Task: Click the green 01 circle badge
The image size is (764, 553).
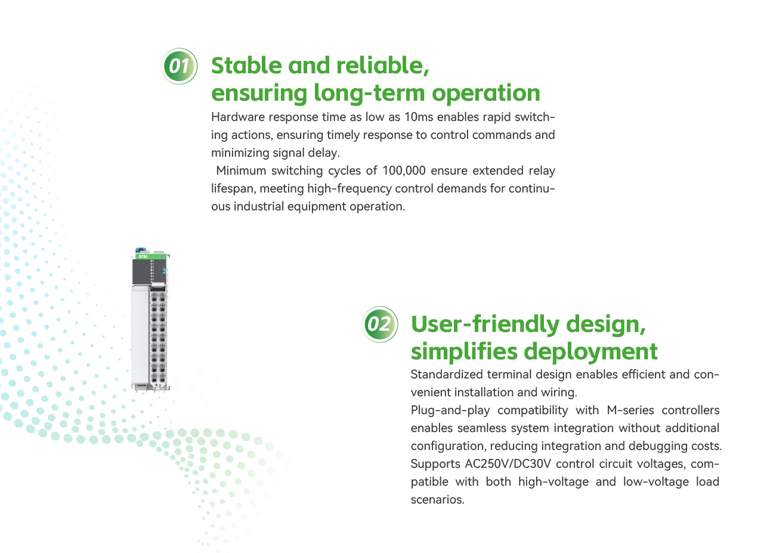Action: click(179, 66)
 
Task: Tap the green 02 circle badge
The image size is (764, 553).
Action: click(379, 324)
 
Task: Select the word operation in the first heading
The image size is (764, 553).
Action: click(486, 93)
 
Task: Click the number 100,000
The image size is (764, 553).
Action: click(404, 170)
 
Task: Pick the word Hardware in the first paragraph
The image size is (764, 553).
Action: click(238, 117)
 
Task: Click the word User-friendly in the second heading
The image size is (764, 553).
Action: click(485, 324)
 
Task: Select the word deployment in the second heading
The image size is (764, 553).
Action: click(590, 352)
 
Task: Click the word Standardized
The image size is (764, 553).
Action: click(447, 374)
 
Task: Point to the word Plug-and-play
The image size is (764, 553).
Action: click(450, 411)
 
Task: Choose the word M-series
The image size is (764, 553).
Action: click(630, 410)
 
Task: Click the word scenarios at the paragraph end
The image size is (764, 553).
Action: click(438, 500)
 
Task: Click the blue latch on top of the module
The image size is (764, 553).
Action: click(140, 250)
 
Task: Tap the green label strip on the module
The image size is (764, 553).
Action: click(150, 257)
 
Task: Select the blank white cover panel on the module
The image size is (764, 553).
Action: click(140, 335)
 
